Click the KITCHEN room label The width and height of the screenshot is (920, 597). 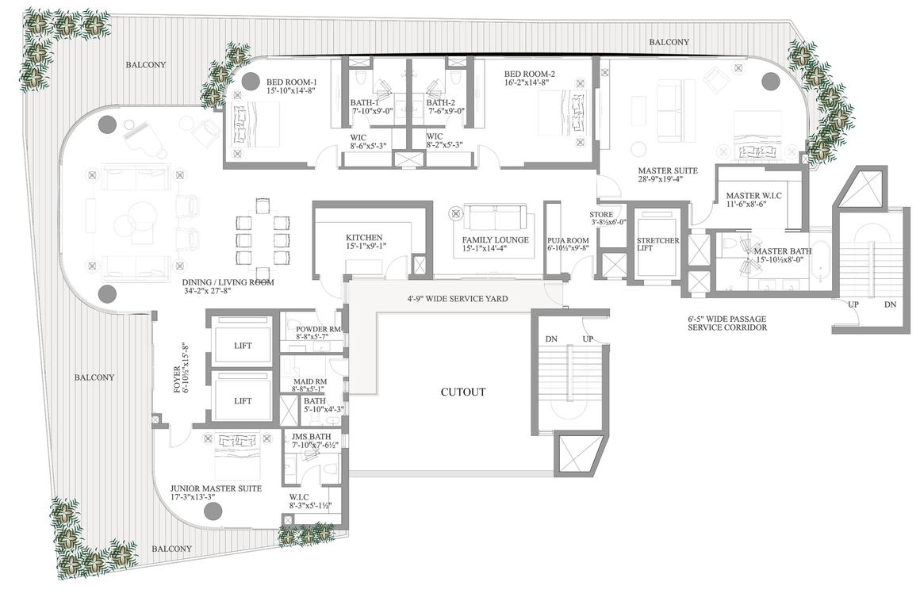pyautogui.click(x=364, y=238)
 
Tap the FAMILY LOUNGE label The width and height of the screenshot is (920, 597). pyautogui.click(x=495, y=240)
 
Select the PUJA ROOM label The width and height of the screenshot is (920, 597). pyautogui.click(x=568, y=240)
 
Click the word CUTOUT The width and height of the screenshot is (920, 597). pyautogui.click(x=463, y=392)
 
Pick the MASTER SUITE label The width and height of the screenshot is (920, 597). pyautogui.click(x=668, y=170)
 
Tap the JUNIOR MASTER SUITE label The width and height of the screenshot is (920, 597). pyautogui.click(x=216, y=488)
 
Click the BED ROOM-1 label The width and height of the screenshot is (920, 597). pyautogui.click(x=292, y=82)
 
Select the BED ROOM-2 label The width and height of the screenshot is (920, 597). pyautogui.click(x=530, y=74)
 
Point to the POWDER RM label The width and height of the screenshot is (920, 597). pyautogui.click(x=318, y=330)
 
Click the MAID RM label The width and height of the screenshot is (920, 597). pyautogui.click(x=310, y=382)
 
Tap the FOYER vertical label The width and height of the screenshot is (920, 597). pyautogui.click(x=177, y=380)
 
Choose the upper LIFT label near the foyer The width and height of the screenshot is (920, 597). pyautogui.click(x=243, y=346)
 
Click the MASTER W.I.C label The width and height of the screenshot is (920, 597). pyautogui.click(x=753, y=196)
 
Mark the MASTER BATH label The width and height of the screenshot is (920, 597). pyautogui.click(x=783, y=251)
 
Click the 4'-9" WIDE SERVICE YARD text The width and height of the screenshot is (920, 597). pyautogui.click(x=458, y=298)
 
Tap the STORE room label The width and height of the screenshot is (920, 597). pyautogui.click(x=601, y=215)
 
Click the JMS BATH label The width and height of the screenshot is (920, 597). pyautogui.click(x=311, y=437)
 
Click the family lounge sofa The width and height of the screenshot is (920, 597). pyautogui.click(x=495, y=217)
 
